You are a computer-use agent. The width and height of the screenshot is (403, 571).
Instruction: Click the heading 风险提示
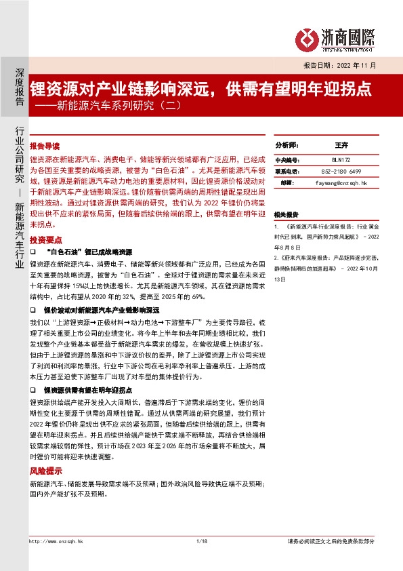[45, 471]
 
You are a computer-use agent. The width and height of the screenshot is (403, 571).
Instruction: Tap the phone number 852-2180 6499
[341, 171]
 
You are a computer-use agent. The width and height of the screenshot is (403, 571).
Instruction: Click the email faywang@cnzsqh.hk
[341, 183]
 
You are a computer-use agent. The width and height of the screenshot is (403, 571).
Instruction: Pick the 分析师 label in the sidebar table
[286, 146]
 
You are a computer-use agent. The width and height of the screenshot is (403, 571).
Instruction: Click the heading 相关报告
[286, 215]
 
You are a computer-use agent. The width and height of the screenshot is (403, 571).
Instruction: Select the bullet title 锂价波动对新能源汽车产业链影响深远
[96, 309]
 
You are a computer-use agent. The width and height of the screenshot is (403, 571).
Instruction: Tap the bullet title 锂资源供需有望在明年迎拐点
[87, 391]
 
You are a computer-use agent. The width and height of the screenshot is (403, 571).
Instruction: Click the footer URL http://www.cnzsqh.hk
[54, 540]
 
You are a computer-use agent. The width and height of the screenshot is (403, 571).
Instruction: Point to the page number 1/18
[200, 540]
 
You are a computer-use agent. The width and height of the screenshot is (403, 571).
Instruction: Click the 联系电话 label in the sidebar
[286, 171]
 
